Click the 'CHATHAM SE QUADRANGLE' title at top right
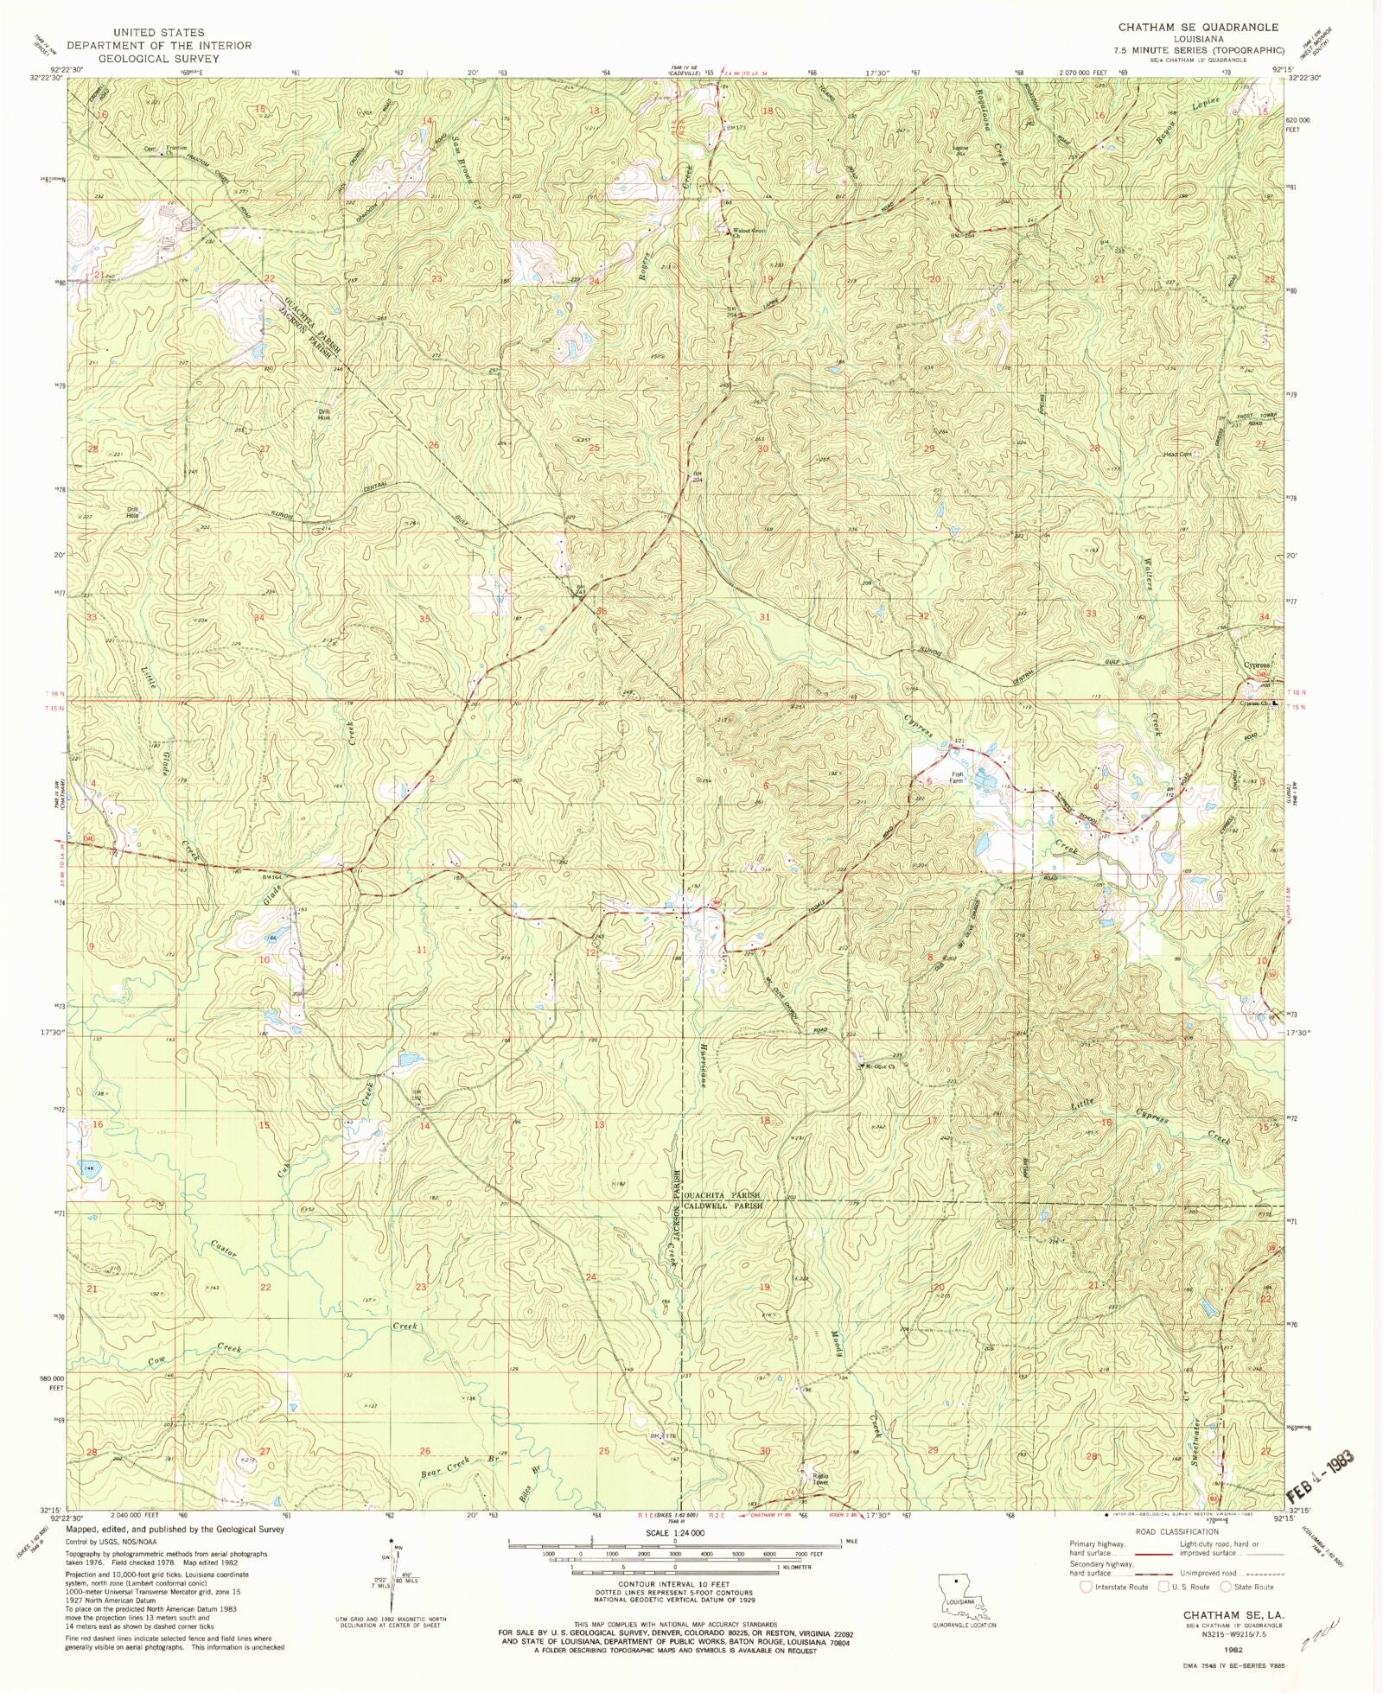point(1198,28)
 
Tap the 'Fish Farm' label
point(956,777)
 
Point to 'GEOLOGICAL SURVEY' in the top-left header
point(160,59)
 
